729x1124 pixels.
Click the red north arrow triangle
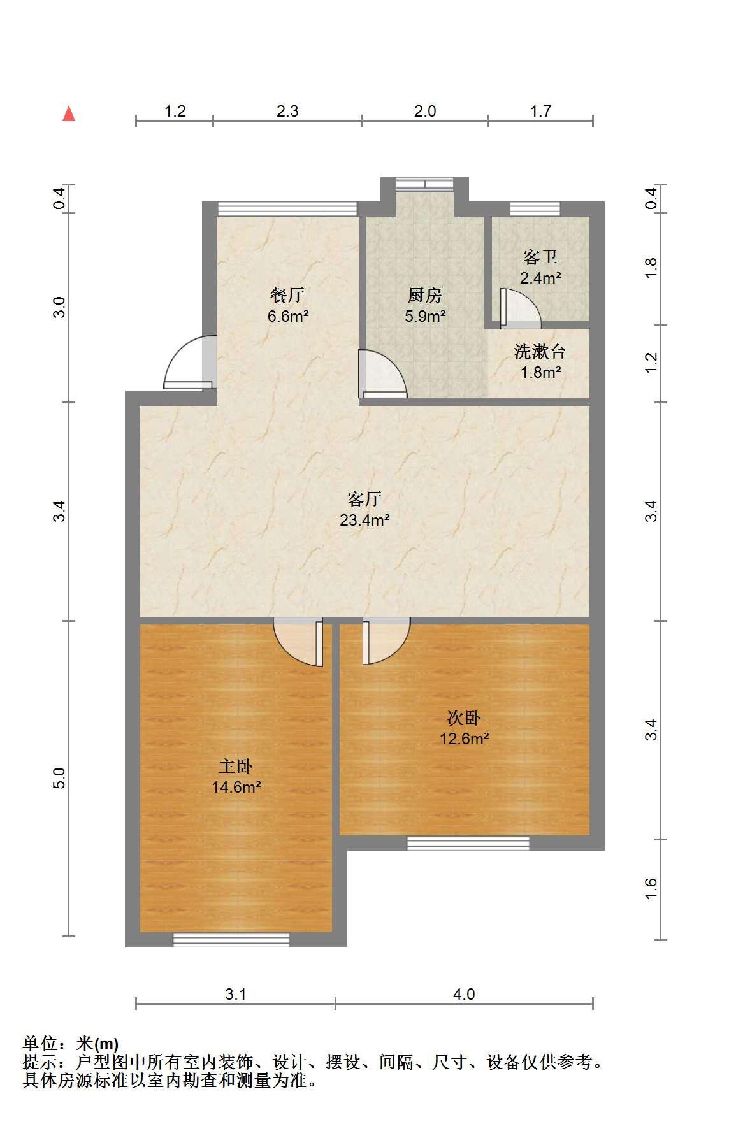69,114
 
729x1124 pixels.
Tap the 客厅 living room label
364,498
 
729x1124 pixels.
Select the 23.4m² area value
364,520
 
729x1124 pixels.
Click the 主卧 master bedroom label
236,766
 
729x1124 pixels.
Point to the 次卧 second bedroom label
464,718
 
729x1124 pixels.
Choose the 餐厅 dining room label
287,295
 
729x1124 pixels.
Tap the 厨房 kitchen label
425,295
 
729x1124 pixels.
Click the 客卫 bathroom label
540,257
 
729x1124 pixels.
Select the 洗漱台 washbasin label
540,351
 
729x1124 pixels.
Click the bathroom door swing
520,308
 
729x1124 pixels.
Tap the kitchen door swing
382,374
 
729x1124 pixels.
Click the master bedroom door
298,642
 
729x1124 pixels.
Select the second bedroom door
386,642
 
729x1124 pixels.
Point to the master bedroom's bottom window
231,940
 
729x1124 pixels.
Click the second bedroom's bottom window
468,843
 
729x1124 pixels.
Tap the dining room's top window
287,209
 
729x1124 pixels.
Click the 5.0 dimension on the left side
59,779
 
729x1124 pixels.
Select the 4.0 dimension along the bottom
464,993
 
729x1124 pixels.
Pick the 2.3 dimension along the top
287,111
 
